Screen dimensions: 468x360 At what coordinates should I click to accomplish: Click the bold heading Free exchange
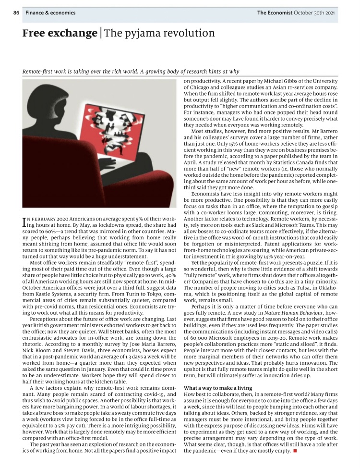(59, 33)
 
